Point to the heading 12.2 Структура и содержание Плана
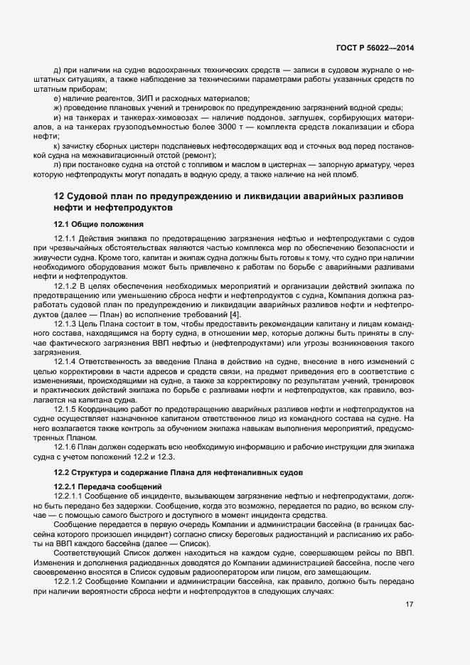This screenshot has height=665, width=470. click(x=178, y=472)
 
